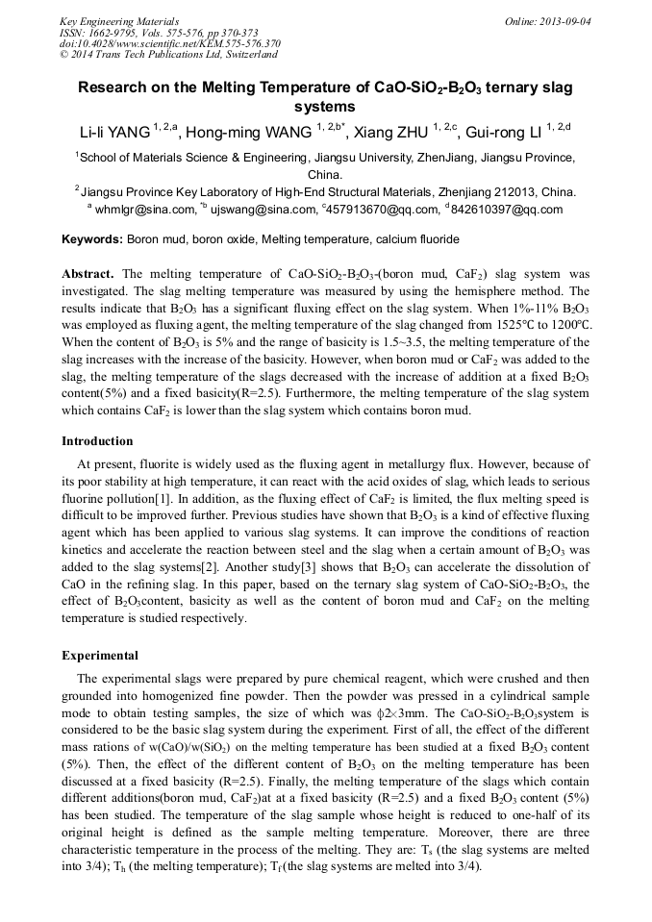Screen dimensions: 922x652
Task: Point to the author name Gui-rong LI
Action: [x=507, y=133]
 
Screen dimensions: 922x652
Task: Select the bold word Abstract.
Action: [x=88, y=274]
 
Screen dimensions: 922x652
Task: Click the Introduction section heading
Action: [x=97, y=441]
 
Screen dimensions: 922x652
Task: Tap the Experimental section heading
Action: [x=100, y=656]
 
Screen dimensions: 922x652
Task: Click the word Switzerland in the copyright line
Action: [x=240, y=55]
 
